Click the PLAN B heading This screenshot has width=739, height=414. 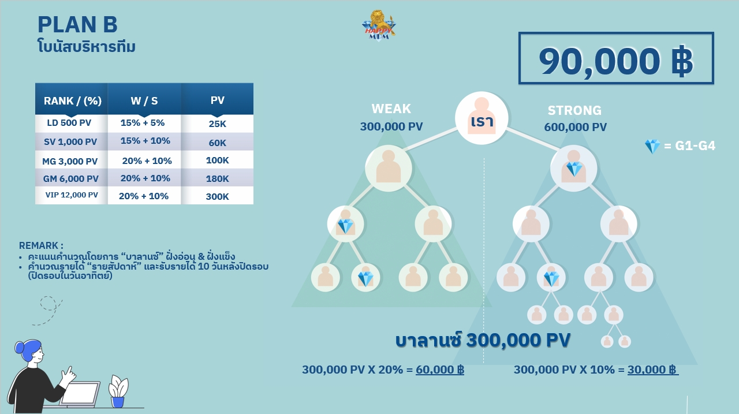[x=77, y=24]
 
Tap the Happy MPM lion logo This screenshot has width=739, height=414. [x=379, y=26]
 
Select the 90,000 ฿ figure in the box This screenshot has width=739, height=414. [x=615, y=61]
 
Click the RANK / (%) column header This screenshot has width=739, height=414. [x=73, y=100]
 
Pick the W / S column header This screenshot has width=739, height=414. [x=144, y=100]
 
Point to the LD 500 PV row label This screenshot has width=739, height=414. [x=69, y=123]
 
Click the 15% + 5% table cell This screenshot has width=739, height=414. [x=143, y=123]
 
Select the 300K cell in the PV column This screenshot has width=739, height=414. [x=218, y=197]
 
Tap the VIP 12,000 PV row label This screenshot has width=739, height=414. [x=72, y=195]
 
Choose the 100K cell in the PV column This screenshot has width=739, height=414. [x=218, y=161]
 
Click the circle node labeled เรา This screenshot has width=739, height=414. [x=482, y=118]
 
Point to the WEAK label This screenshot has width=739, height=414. [x=391, y=109]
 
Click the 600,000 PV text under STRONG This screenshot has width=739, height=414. [x=576, y=127]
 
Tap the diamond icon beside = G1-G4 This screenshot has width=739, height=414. [x=652, y=146]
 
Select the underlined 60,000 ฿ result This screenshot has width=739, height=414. [x=440, y=370]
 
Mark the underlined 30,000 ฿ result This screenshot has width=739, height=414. [x=652, y=370]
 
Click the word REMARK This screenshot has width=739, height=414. [x=41, y=246]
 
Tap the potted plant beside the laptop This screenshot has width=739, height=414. [x=118, y=391]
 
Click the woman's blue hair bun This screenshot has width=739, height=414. [x=19, y=347]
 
